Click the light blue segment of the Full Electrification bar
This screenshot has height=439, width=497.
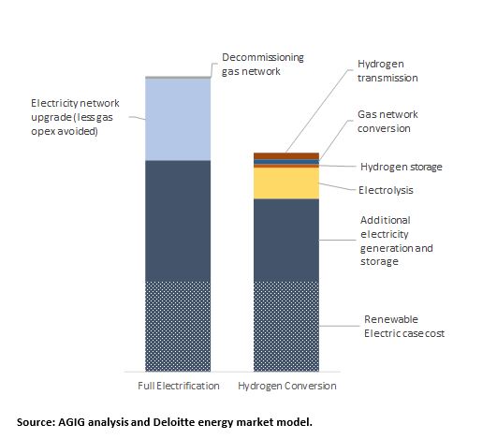tap(178, 120)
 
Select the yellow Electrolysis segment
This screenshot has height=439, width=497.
tap(286, 183)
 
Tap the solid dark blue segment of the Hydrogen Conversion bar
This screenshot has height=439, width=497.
tap(286, 240)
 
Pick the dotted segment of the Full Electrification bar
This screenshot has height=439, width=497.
tap(178, 326)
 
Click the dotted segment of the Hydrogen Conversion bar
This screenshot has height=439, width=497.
tap(286, 326)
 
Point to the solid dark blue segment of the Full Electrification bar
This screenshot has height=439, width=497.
tap(178, 221)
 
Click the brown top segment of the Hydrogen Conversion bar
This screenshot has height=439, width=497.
tap(286, 156)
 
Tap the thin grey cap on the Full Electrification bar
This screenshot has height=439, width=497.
tap(178, 78)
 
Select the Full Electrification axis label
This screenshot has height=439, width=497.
tap(179, 386)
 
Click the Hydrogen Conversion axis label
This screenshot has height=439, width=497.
tap(287, 386)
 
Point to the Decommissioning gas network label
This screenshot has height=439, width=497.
tap(263, 65)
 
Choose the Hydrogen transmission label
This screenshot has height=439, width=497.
tap(387, 71)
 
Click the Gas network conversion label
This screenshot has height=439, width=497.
tap(387, 122)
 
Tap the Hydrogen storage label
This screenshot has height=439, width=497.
tap(402, 167)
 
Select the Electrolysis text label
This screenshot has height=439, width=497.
tap(386, 190)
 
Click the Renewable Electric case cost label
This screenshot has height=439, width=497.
tap(404, 326)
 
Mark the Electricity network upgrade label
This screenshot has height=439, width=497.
tap(75, 117)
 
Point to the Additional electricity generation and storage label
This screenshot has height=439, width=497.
tap(397, 241)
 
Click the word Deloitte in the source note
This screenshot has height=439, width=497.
tap(170, 422)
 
